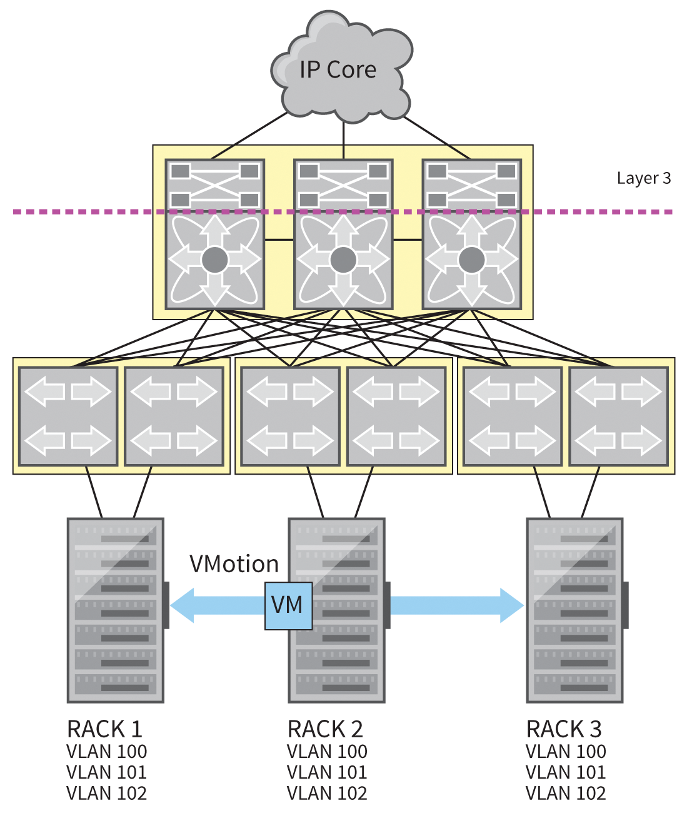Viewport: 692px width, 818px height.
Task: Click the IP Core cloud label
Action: [338, 70]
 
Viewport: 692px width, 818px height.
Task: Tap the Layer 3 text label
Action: [643, 178]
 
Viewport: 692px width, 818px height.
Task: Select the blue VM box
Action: [288, 605]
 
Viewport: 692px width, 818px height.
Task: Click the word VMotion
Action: [234, 564]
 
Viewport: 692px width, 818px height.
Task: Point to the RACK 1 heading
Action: [104, 729]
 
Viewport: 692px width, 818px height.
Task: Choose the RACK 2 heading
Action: [325, 729]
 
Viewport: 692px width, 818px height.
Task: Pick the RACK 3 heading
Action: [564, 729]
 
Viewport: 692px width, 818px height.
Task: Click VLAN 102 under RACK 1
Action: [106, 794]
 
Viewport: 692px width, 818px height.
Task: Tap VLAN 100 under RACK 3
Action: [566, 751]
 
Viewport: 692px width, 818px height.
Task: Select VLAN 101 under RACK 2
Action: [327, 772]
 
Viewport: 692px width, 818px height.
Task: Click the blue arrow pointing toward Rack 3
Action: [456, 605]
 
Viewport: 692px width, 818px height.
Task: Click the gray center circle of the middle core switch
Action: [343, 260]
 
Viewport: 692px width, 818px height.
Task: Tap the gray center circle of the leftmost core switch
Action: [214, 260]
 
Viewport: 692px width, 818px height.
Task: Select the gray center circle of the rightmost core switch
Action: [471, 260]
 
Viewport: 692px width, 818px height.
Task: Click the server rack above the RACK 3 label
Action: [574, 610]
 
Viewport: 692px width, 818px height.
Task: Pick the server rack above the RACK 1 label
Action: [116, 610]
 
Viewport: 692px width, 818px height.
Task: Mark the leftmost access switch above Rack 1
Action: [68, 417]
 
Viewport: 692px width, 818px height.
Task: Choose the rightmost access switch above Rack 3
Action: [618, 417]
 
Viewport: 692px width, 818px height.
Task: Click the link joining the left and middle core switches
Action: [279, 240]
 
